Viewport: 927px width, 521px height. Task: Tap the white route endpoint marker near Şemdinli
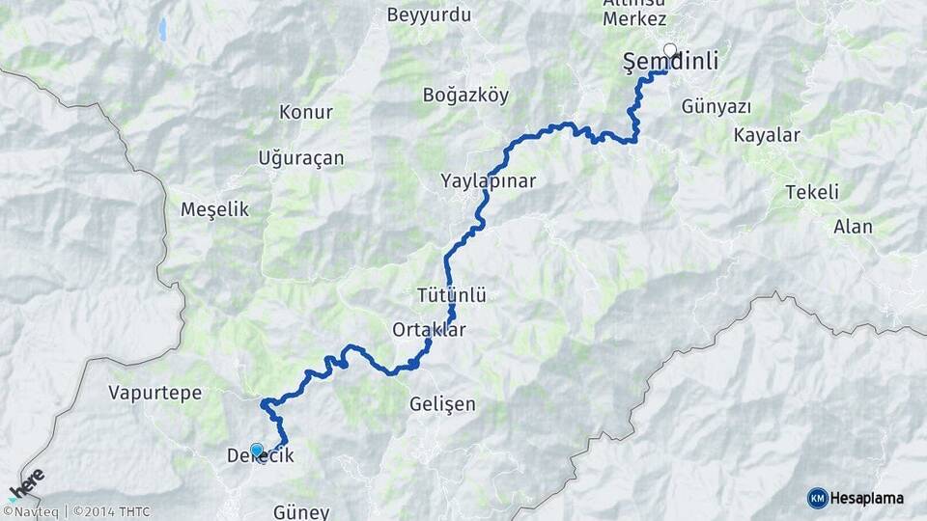669,49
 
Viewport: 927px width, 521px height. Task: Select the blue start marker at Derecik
256,450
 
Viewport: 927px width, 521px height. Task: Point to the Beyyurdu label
429,15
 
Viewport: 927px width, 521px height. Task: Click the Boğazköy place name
465,96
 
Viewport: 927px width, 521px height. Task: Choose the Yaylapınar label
488,180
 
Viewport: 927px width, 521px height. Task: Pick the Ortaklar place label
429,330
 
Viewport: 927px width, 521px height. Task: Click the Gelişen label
442,404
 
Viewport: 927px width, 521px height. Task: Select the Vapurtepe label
154,393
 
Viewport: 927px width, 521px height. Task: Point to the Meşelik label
214,209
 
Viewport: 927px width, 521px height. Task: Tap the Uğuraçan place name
301,158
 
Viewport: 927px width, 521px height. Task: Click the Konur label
305,113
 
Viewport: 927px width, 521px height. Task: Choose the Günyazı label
716,106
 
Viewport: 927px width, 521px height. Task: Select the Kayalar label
767,135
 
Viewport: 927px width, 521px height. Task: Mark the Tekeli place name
812,191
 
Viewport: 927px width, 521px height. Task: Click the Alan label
853,227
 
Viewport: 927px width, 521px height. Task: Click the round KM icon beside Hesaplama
817,498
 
